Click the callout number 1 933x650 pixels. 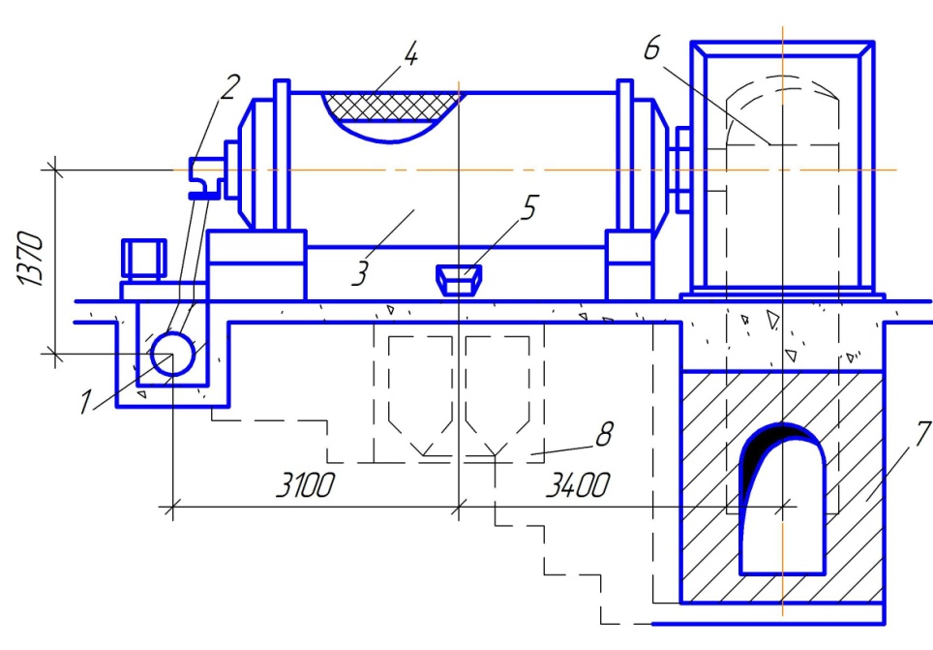[86, 402]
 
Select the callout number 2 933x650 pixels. [229, 87]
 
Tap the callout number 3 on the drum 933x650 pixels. [359, 273]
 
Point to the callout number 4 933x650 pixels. [410, 54]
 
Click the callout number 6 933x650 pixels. [652, 47]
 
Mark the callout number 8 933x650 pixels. [605, 434]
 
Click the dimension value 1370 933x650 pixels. [30, 259]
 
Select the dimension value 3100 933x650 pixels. [306, 485]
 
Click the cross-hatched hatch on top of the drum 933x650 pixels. [390, 108]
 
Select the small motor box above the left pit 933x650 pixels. [143, 260]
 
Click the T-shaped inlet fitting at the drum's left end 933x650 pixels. [205, 176]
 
